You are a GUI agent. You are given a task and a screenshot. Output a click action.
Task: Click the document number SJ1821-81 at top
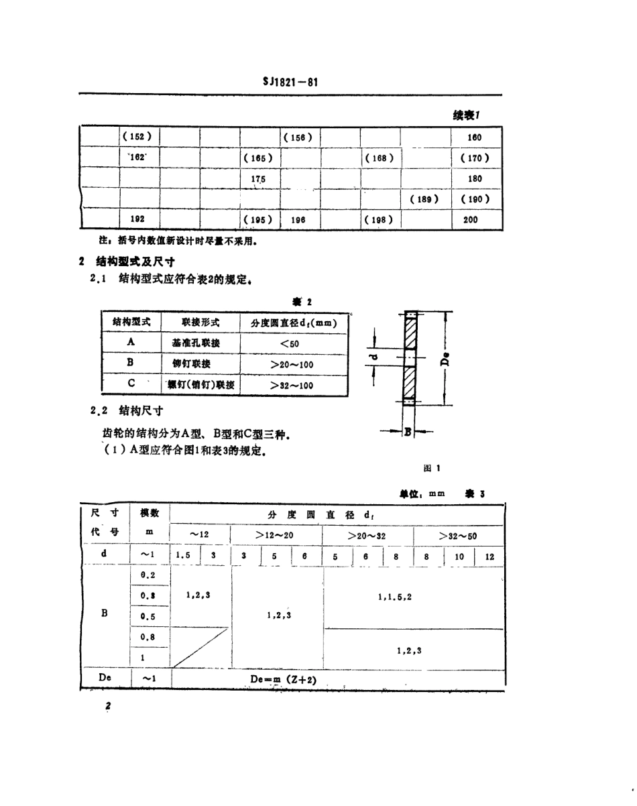pyautogui.click(x=290, y=82)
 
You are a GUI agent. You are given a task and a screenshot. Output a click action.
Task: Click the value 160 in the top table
pyautogui.click(x=475, y=137)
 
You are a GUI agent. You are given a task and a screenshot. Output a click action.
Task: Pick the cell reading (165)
pyautogui.click(x=258, y=158)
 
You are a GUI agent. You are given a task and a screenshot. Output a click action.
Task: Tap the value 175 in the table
pyautogui.click(x=258, y=179)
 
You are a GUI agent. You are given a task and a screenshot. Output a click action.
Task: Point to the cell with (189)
pyautogui.click(x=424, y=199)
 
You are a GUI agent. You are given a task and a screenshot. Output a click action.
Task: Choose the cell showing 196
pyautogui.click(x=298, y=219)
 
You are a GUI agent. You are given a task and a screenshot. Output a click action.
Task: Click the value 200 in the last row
pyautogui.click(x=471, y=219)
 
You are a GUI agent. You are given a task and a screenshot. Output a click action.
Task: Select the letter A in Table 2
pyautogui.click(x=131, y=342)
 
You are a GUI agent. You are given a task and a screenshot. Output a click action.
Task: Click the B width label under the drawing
pyautogui.click(x=406, y=432)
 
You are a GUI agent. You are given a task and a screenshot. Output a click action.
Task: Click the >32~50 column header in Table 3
pyautogui.click(x=458, y=536)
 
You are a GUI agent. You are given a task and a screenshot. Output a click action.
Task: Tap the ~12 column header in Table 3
pyautogui.click(x=199, y=534)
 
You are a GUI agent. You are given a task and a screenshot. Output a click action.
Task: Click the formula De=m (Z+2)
pyautogui.click(x=282, y=680)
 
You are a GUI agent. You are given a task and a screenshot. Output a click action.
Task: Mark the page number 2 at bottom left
pyautogui.click(x=107, y=707)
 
